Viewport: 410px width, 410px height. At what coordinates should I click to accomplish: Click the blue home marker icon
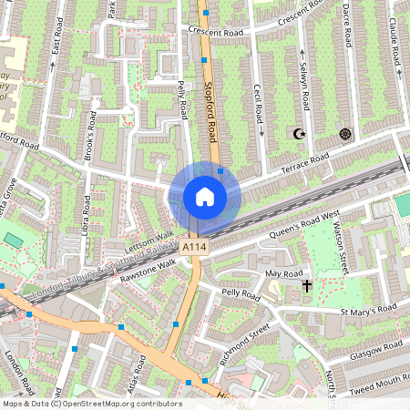(x=205, y=197)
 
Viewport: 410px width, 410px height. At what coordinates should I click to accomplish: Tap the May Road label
(x=282, y=273)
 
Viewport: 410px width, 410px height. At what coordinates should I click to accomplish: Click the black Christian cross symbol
(x=308, y=286)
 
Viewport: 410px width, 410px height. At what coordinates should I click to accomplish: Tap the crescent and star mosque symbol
(x=298, y=134)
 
